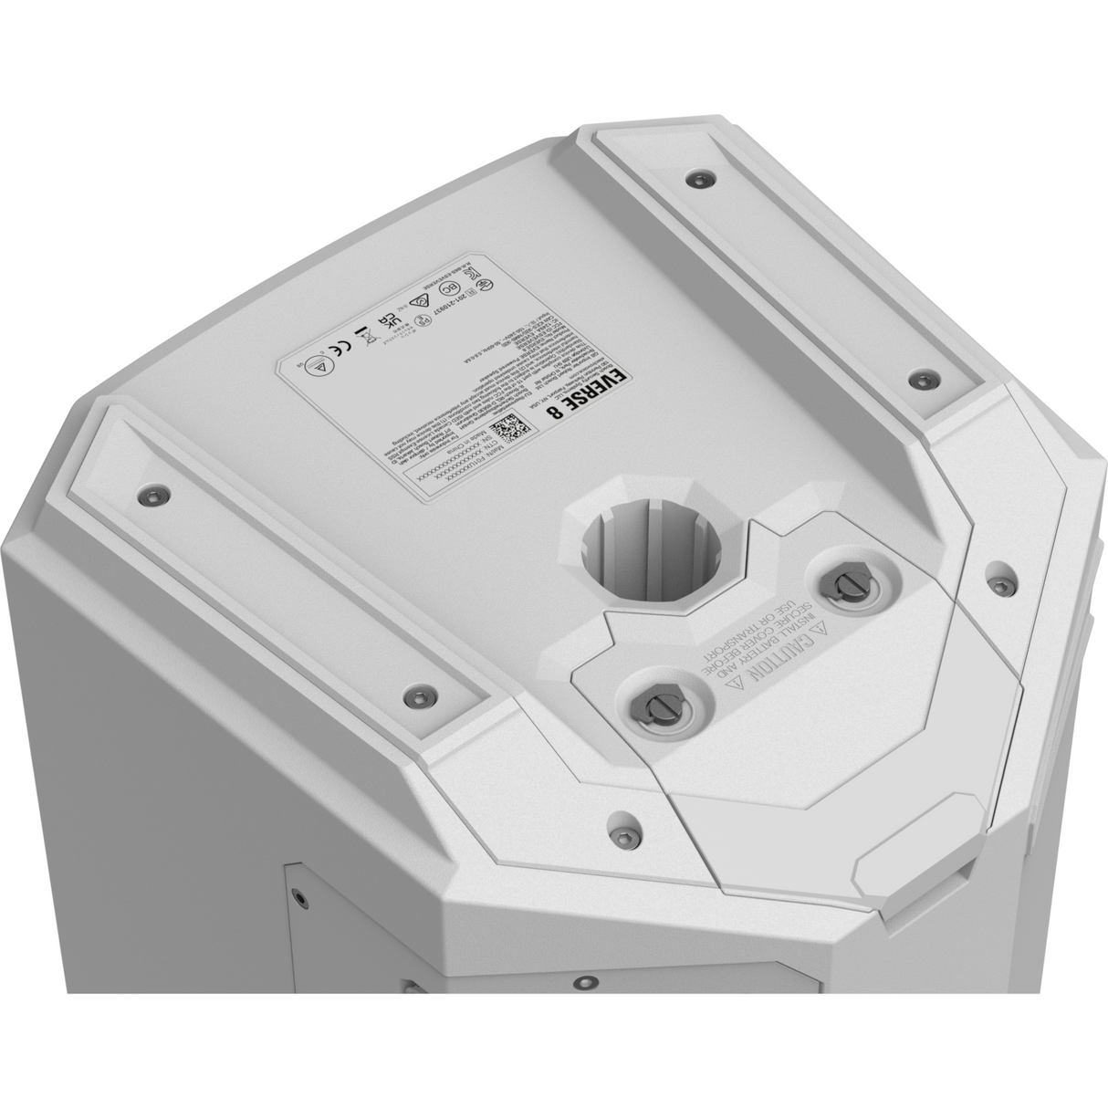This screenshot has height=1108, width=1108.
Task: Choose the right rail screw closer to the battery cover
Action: click(925, 377)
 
